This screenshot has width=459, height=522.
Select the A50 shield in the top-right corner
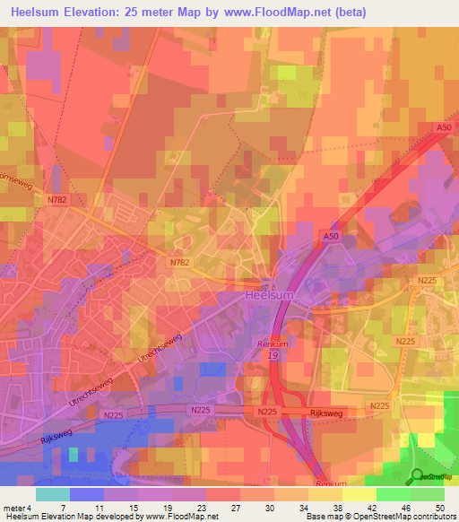(x=441, y=129)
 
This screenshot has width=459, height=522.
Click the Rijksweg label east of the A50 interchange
(x=322, y=412)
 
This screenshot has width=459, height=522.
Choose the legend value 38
(x=338, y=507)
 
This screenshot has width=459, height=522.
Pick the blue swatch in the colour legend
(x=86, y=494)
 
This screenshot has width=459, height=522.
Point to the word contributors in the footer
(x=434, y=518)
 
